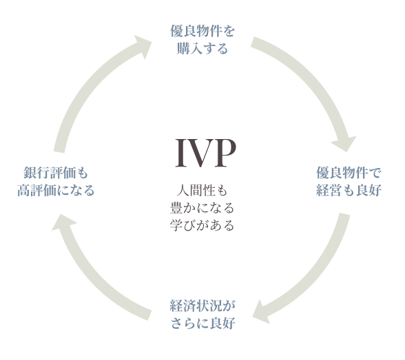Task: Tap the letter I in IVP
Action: [181, 153]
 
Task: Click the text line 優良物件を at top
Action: [202, 32]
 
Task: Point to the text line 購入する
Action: [202, 49]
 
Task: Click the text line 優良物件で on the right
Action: [348, 173]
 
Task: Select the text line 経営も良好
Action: [348, 190]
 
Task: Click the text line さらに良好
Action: [202, 322]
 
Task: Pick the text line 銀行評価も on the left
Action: [55, 173]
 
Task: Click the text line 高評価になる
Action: [55, 190]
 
